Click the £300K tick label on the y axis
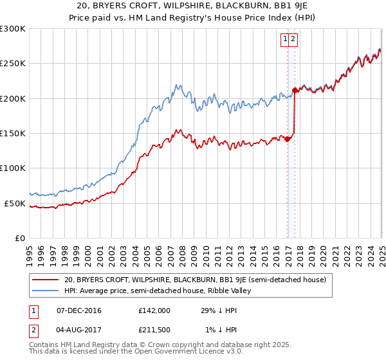pyautogui.click(x=13, y=29)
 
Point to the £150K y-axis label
pyautogui.click(x=13, y=133)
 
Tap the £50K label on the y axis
pyautogui.click(x=15, y=203)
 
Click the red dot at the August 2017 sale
pyautogui.click(x=295, y=90)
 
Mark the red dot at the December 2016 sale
pyautogui.click(x=287, y=139)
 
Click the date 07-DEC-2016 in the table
pyautogui.click(x=79, y=310)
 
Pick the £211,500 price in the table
pyautogui.click(x=154, y=330)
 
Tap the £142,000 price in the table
pyautogui.click(x=154, y=310)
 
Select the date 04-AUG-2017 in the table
pyautogui.click(x=79, y=330)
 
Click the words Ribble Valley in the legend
pyautogui.click(x=231, y=291)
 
